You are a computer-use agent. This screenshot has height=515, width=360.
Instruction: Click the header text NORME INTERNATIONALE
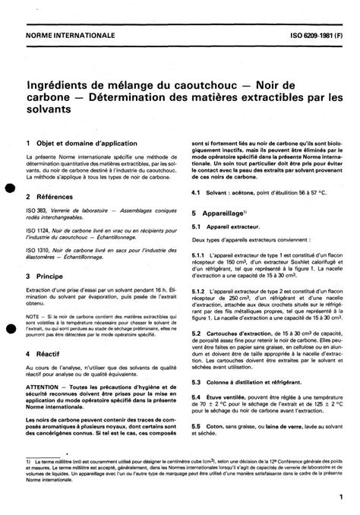[x=70, y=36]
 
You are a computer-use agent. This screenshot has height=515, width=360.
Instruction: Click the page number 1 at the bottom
[x=333, y=496]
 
